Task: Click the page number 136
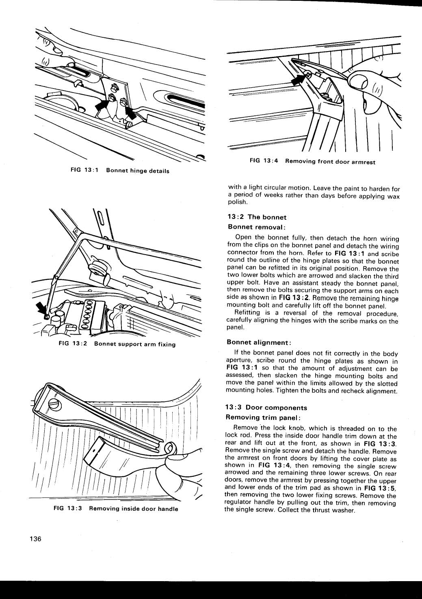tap(35, 540)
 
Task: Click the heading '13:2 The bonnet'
tap(257, 217)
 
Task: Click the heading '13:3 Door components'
tap(266, 408)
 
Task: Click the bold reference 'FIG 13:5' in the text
tap(380, 488)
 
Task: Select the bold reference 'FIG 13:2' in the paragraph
tap(286, 298)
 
